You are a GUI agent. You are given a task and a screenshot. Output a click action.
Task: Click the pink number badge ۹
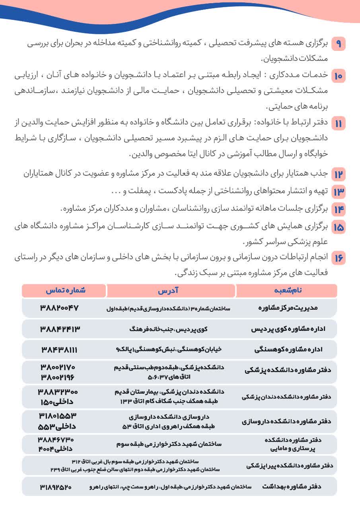point(339,44)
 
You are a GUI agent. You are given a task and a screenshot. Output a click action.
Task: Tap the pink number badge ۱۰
point(339,75)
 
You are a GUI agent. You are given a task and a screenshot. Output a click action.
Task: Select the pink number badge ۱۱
point(339,123)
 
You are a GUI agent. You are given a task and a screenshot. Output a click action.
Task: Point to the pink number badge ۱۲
point(339,174)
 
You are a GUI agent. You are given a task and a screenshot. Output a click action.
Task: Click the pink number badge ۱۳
point(339,192)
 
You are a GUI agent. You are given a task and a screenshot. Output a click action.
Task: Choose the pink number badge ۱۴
point(339,209)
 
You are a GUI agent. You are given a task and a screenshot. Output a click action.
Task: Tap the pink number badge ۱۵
point(339,227)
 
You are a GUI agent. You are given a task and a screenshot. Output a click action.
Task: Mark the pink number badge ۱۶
point(339,258)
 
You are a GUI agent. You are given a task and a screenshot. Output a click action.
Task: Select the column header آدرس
point(171,291)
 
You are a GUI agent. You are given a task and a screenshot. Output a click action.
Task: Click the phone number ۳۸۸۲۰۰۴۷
point(60,308)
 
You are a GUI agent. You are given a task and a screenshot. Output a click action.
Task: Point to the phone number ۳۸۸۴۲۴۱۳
point(60,329)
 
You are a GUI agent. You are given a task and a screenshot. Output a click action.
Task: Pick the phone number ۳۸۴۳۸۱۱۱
point(60,350)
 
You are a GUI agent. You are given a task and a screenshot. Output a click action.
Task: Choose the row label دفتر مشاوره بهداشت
point(292,486)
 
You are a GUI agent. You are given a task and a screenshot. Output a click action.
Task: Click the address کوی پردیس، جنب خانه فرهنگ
point(169,329)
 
